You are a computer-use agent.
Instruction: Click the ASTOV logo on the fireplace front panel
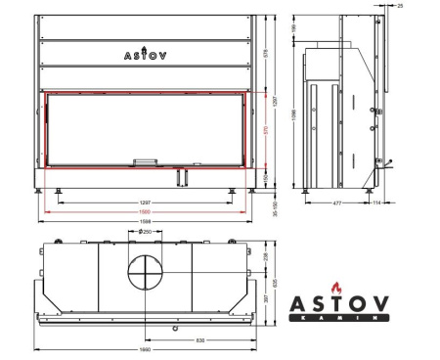tap(145, 55)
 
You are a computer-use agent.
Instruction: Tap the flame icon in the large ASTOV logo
tap(338, 290)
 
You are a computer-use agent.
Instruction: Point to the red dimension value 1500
tap(145, 211)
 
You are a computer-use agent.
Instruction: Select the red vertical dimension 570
tap(265, 130)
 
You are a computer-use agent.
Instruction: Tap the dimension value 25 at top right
tap(427, 6)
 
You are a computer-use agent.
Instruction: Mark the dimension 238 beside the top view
tap(264, 255)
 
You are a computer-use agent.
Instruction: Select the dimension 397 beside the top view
tap(264, 298)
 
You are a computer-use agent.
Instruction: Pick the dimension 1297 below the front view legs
tap(145, 202)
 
